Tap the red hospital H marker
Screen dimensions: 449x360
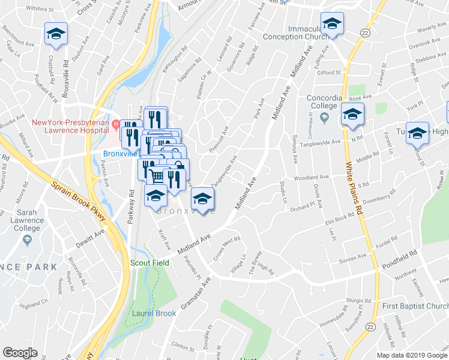[x=116, y=123]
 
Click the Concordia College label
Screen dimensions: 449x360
[x=324, y=103]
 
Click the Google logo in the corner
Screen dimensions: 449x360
[x=20, y=353]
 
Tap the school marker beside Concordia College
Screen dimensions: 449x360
[x=352, y=113]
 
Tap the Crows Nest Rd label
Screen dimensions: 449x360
[x=227, y=250]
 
